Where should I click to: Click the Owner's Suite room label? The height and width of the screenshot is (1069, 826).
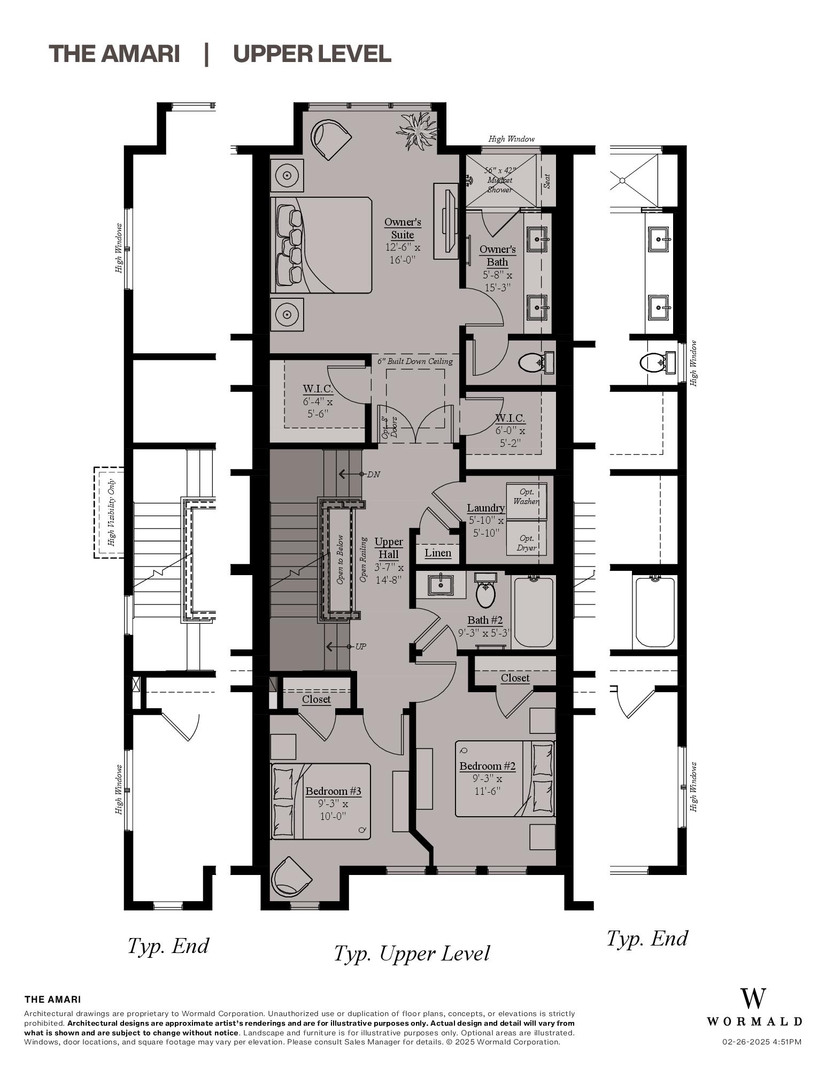coord(403,228)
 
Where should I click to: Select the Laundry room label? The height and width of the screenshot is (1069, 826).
coord(485,508)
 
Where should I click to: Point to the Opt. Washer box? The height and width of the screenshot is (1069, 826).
coord(526,497)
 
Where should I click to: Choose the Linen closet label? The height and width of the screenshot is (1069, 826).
coord(438,553)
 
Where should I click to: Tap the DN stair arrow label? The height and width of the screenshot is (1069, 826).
coord(373,474)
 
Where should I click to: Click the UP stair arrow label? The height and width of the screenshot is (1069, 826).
coord(360,647)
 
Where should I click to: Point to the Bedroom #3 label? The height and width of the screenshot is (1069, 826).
coord(333,791)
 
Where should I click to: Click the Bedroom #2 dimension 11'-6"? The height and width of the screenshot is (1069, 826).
coord(487,791)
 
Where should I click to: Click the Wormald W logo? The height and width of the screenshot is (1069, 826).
coord(753,998)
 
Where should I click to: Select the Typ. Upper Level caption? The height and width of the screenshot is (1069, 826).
coord(411,954)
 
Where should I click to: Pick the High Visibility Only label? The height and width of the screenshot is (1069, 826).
coord(112,513)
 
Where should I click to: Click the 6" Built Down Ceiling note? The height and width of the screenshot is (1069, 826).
coord(415,361)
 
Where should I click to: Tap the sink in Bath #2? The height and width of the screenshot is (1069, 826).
coord(441,585)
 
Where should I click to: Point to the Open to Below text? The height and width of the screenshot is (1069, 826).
coord(340,559)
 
